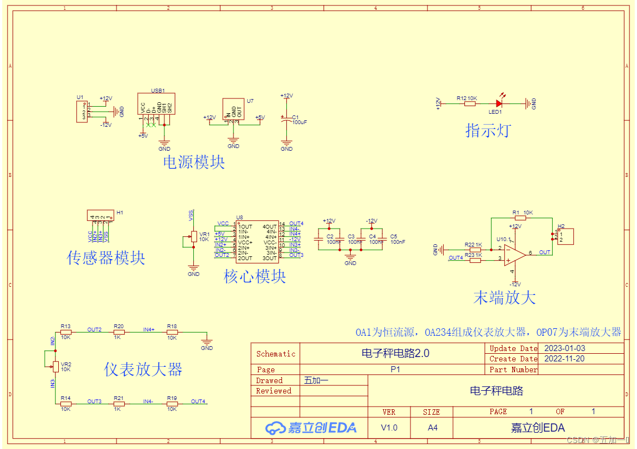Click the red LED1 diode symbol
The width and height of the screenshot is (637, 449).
[499, 102]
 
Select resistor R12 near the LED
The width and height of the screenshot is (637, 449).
[469, 103]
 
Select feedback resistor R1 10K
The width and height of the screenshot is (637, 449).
[520, 218]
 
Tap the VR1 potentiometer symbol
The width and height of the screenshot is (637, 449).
[193, 236]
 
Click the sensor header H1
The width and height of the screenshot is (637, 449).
[100, 216]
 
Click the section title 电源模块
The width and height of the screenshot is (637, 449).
[194, 162]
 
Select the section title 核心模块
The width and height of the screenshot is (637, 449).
[255, 276]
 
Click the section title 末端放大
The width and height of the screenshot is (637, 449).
[505, 297]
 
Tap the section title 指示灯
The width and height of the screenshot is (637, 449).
[488, 130]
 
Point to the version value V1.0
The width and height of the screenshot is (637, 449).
[389, 428]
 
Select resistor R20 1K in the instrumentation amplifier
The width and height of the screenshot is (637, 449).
[119, 331]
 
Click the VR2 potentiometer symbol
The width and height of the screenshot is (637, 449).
[56, 366]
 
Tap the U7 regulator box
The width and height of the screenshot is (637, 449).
[233, 109]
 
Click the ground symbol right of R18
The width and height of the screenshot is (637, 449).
[207, 341]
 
